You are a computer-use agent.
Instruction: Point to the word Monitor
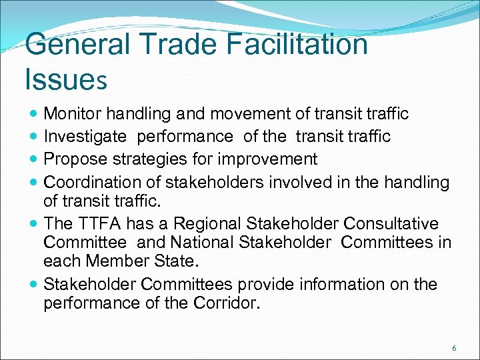pos(71,114)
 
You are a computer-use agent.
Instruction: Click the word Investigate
pos(85,137)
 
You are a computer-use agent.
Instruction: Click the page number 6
pos(454,348)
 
